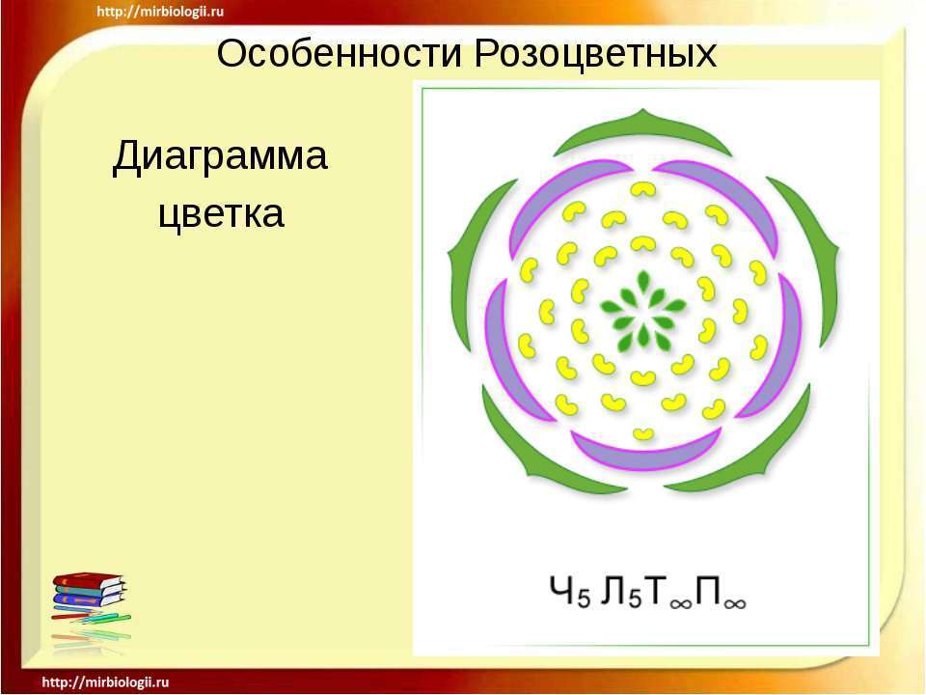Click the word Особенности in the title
pyautogui.click(x=339, y=53)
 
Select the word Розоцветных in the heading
pyautogui.click(x=595, y=55)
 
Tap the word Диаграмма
pyautogui.click(x=220, y=156)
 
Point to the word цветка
pyautogui.click(x=222, y=213)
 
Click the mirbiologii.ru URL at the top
pyautogui.click(x=160, y=12)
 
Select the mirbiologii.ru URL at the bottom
pyautogui.click(x=106, y=682)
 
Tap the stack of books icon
pyautogui.click(x=90, y=597)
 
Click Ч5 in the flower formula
pyautogui.click(x=569, y=592)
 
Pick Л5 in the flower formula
pyautogui.click(x=620, y=592)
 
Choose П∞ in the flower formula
pyautogui.click(x=721, y=592)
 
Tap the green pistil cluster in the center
pyautogui.click(x=643, y=309)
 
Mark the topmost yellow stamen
pyautogui.click(x=642, y=189)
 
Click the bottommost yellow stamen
pyautogui.click(x=642, y=433)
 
